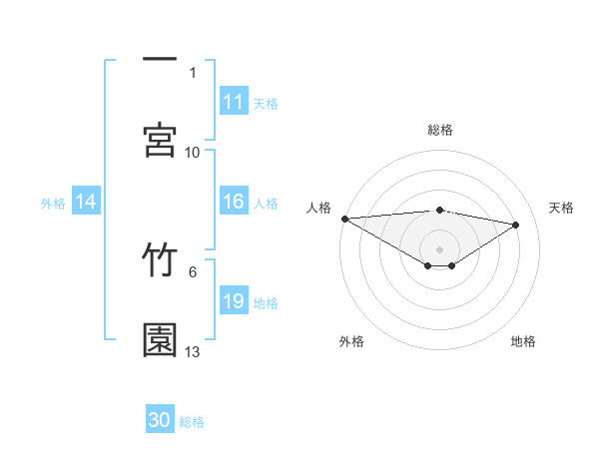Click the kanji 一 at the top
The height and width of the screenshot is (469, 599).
160,61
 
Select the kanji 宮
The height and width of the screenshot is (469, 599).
160,140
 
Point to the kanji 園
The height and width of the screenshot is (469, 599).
160,339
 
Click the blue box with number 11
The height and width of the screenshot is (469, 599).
234,102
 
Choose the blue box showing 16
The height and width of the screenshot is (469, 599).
234,202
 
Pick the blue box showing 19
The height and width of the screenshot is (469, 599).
234,301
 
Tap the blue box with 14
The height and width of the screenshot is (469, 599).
86,202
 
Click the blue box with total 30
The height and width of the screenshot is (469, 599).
160,420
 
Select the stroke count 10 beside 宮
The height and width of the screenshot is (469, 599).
193,153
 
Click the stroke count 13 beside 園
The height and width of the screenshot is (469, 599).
193,352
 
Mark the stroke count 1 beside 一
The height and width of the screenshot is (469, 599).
193,72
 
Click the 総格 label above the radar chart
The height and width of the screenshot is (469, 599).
440,130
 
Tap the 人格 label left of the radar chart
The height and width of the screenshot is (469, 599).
317,208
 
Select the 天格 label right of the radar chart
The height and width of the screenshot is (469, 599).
561,208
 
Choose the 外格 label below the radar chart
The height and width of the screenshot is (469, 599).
351,341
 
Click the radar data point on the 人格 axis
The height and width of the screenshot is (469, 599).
344,219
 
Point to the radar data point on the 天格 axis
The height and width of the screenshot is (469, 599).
516,225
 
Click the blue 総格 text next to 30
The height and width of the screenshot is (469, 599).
192,422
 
